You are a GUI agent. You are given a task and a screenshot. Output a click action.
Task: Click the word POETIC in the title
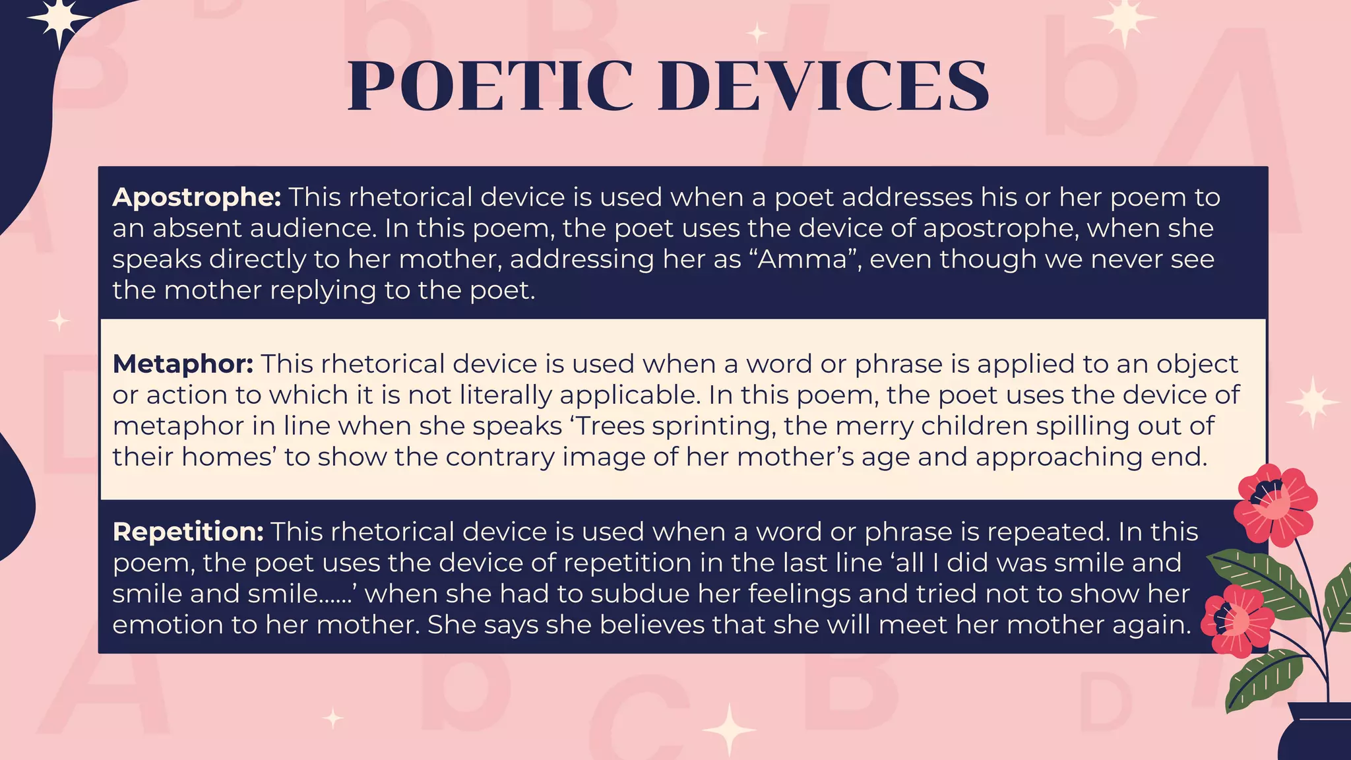489,86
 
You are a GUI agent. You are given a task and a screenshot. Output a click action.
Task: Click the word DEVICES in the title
823,86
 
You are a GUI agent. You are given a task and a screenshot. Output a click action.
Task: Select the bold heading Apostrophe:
197,197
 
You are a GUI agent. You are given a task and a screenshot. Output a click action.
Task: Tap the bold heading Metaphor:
183,364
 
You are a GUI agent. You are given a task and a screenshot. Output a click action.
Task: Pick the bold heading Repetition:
188,532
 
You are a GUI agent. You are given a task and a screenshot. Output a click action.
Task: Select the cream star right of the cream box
1313,402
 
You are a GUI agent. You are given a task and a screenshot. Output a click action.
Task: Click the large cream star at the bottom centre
729,730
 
